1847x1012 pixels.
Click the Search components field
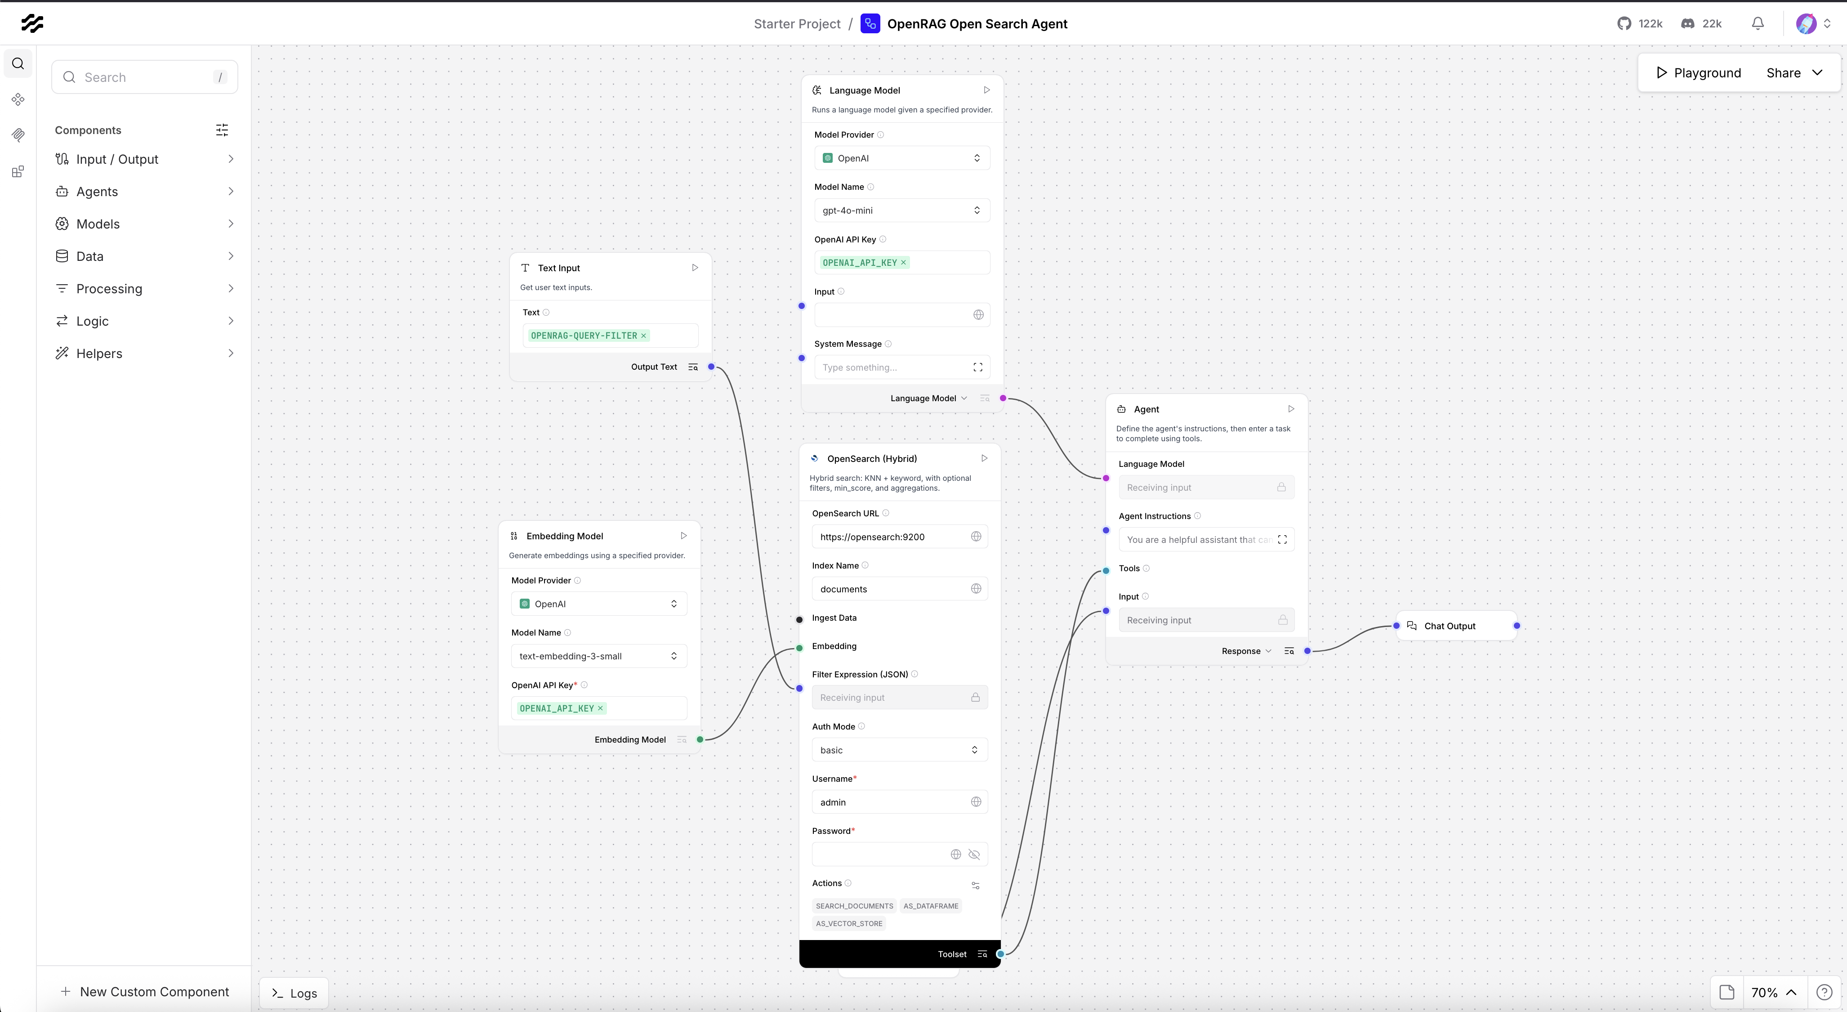pos(143,77)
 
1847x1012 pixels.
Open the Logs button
pos(294,993)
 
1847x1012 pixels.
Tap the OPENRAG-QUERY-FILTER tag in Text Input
pos(584,335)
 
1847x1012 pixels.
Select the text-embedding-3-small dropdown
pos(598,655)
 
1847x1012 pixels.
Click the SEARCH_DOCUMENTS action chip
pos(854,906)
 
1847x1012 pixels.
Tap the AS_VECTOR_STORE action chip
pos(849,923)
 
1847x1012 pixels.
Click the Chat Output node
pos(1455,626)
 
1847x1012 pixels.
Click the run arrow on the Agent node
pos(1290,409)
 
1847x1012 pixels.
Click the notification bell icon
pos(1758,24)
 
